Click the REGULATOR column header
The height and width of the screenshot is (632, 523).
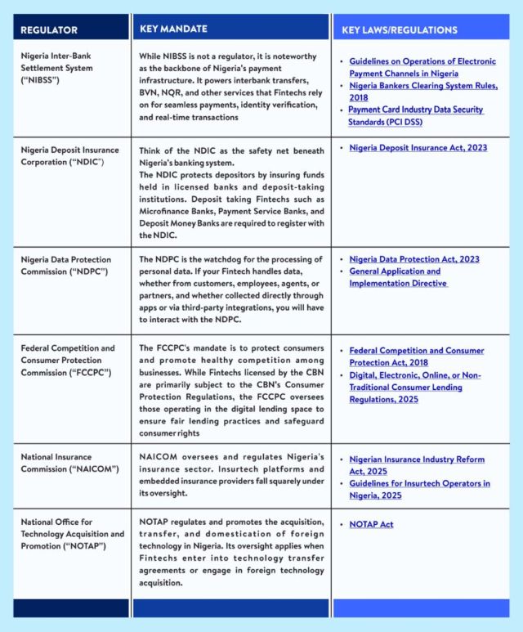[49, 30]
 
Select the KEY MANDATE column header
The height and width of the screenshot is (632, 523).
[173, 29]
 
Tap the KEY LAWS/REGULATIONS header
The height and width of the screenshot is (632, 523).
[400, 30]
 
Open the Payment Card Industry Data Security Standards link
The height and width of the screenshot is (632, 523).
[415, 115]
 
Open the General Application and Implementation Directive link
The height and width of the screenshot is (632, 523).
[397, 277]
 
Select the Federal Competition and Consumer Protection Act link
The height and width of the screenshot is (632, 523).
[416, 356]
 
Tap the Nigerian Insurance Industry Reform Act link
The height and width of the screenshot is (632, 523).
[416, 465]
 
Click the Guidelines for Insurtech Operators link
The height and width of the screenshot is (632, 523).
[419, 489]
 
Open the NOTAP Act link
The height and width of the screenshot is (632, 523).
[372, 523]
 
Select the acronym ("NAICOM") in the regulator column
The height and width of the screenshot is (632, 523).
[89, 468]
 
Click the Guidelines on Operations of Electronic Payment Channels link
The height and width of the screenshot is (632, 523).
[422, 67]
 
